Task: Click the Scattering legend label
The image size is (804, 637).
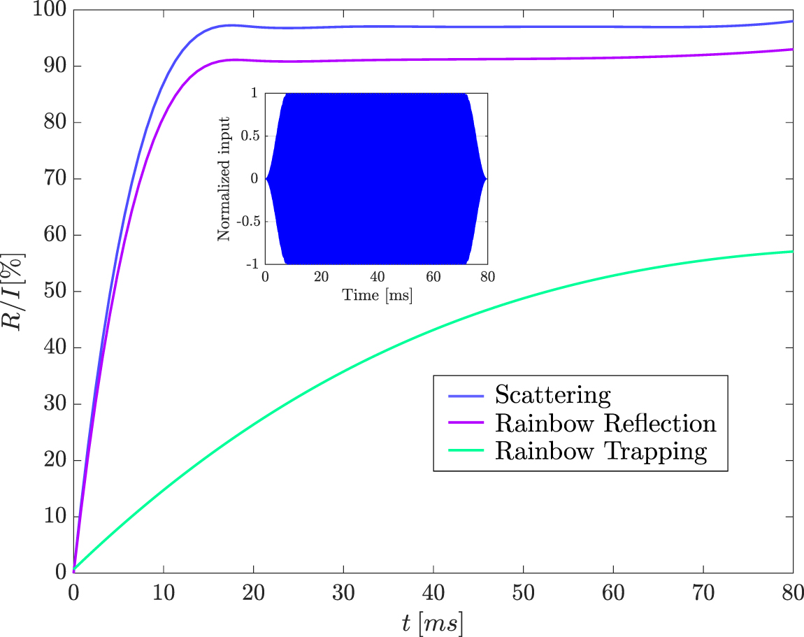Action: point(552,395)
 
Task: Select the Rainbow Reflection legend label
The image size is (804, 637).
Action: point(605,423)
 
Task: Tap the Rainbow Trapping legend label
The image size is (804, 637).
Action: point(601,451)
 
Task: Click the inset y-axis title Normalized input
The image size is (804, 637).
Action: point(224,178)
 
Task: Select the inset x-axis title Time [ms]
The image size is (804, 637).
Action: point(377,295)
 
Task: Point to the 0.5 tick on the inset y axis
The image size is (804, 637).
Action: point(250,136)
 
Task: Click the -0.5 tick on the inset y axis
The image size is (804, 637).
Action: point(247,221)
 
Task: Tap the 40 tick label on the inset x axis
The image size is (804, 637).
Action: point(377,276)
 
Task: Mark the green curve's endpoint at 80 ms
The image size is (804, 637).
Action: point(793,251)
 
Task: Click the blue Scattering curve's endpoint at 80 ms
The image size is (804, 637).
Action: point(793,21)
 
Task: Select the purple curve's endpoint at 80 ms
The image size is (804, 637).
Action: point(793,49)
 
